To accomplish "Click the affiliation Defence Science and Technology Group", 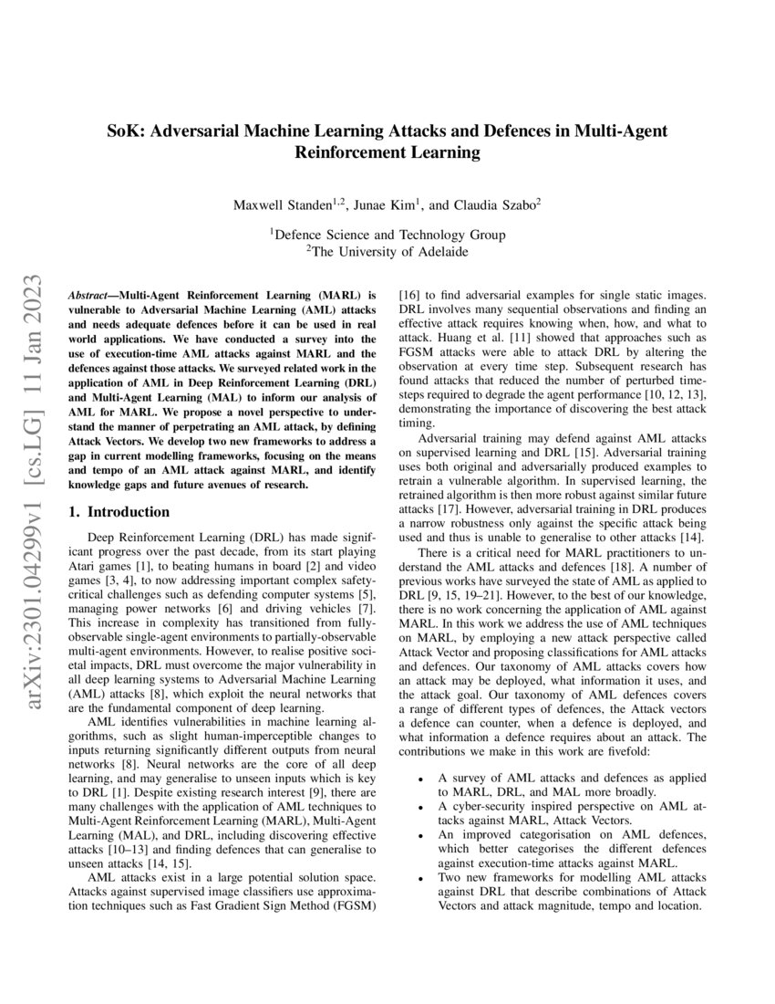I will (389, 235).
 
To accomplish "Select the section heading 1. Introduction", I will (119, 512).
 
